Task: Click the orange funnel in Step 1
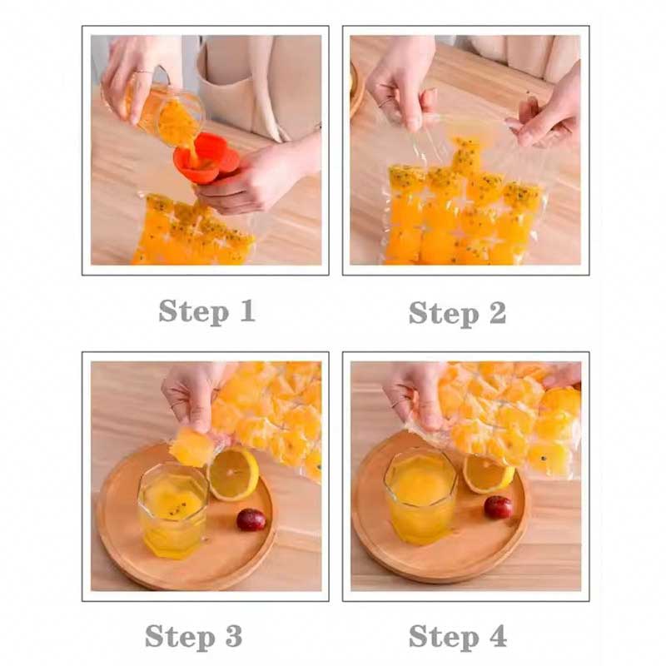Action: [x=206, y=157]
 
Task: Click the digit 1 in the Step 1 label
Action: [x=246, y=311]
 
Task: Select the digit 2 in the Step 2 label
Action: [x=497, y=313]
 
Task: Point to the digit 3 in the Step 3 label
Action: [x=234, y=636]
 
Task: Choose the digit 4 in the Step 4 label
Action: [x=497, y=636]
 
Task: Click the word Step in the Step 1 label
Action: [x=194, y=311]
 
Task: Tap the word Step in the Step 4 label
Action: [x=444, y=637]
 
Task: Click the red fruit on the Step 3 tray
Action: [x=251, y=519]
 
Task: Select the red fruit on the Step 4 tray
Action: [x=498, y=507]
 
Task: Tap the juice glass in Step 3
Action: [x=173, y=509]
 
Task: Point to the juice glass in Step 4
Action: [x=421, y=495]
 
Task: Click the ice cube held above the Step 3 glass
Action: [x=192, y=446]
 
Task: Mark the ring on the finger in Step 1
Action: [x=144, y=72]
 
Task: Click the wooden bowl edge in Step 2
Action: [x=357, y=92]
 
